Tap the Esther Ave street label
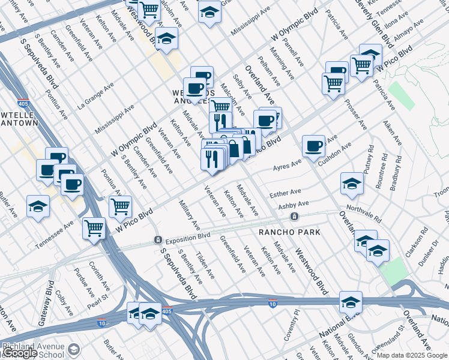click(x=285, y=193)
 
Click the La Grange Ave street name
click(x=96, y=96)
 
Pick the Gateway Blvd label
click(x=46, y=302)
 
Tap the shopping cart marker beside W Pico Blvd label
click(x=121, y=207)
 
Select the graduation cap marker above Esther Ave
click(x=352, y=183)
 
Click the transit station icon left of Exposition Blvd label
click(x=157, y=240)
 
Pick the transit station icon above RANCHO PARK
click(x=294, y=216)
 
